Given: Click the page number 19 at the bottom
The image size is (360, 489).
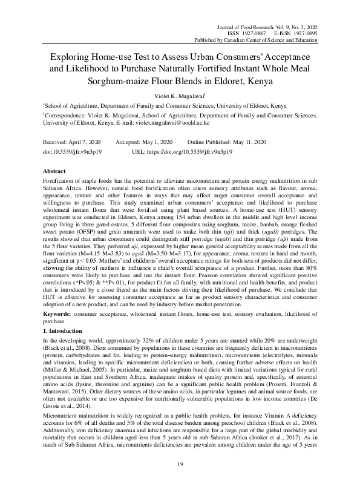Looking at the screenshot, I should pyautogui.click(x=180, y=465).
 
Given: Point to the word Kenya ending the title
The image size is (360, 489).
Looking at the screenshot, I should pyautogui.click(x=258, y=80).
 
